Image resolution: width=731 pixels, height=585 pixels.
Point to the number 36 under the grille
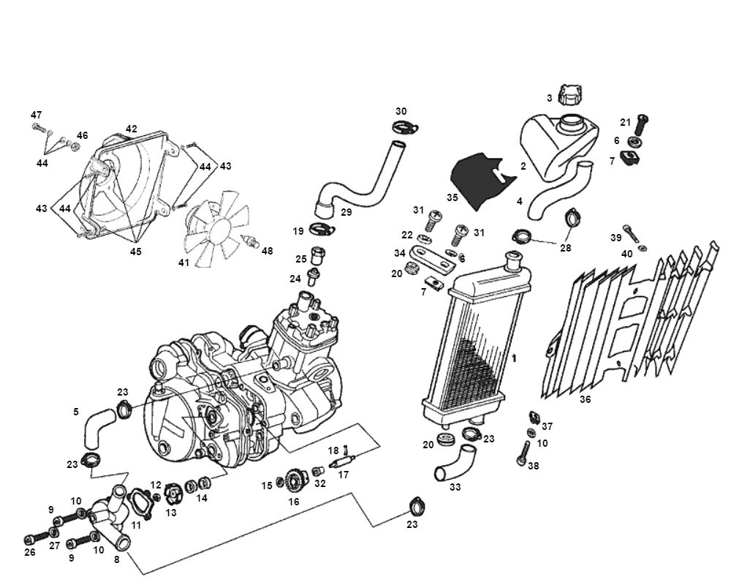[585, 400]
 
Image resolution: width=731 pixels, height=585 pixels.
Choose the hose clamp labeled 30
[404, 129]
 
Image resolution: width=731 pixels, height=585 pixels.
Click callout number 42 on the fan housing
[131, 129]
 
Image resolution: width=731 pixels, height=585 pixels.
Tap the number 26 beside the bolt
[30, 552]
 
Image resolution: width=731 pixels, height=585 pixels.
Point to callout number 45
[135, 252]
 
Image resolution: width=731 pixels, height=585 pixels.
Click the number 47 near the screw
[36, 115]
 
